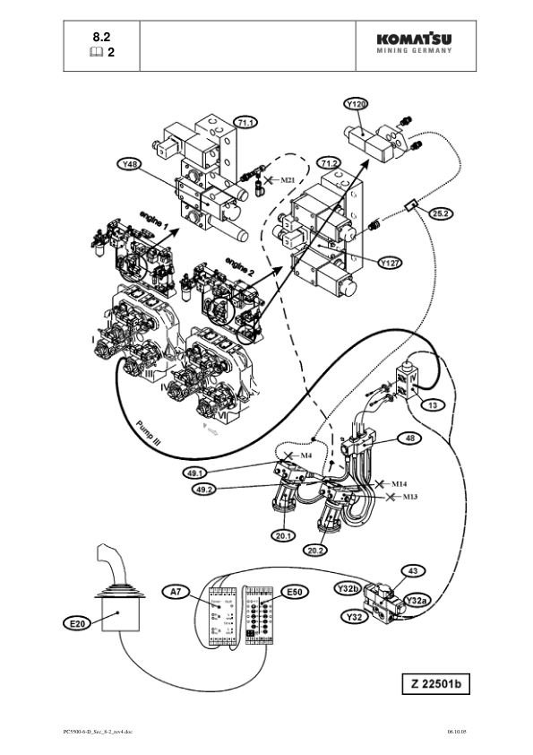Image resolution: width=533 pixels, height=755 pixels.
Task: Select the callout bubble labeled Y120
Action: point(357,104)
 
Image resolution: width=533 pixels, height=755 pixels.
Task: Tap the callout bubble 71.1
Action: point(245,121)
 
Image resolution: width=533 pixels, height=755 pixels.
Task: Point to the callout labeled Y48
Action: point(130,164)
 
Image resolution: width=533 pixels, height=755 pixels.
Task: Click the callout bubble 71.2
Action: point(331,162)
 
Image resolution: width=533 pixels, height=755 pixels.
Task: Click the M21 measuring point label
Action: point(287,180)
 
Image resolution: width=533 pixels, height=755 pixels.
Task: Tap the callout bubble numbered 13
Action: point(433,405)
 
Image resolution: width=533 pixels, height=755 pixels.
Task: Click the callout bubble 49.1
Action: point(195,473)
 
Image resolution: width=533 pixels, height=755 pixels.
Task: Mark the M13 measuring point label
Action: point(410,496)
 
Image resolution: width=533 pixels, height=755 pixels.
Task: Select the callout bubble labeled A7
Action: point(176,591)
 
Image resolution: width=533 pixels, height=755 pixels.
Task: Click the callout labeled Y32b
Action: point(347,588)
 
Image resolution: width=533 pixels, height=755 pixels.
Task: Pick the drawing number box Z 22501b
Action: point(434,685)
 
